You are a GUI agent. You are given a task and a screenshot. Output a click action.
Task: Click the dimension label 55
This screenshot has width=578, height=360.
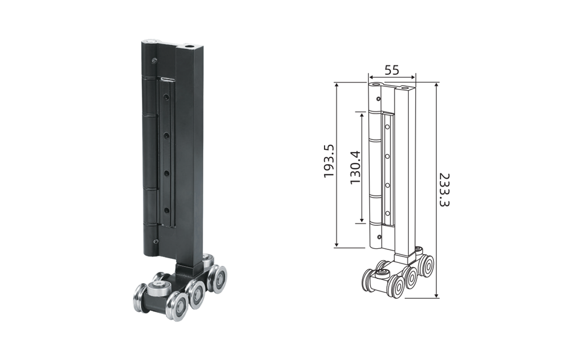(x=392, y=70)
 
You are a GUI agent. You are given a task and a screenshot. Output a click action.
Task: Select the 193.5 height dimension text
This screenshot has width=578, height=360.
(x=329, y=161)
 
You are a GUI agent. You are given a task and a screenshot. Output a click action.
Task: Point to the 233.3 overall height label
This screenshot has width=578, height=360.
(x=445, y=189)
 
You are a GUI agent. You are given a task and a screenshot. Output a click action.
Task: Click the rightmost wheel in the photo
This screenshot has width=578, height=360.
(x=218, y=278)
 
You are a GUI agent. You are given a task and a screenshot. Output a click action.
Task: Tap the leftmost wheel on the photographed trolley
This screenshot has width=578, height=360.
(x=141, y=297)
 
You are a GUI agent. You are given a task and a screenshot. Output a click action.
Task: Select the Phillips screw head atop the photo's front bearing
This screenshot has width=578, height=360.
(x=159, y=284)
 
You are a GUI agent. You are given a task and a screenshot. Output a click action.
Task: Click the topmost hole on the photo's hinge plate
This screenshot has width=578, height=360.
(x=166, y=98)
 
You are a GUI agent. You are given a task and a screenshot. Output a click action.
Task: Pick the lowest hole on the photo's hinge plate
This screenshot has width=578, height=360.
(x=166, y=211)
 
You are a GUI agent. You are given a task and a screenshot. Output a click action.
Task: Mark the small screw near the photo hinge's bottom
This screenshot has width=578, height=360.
(x=156, y=241)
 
